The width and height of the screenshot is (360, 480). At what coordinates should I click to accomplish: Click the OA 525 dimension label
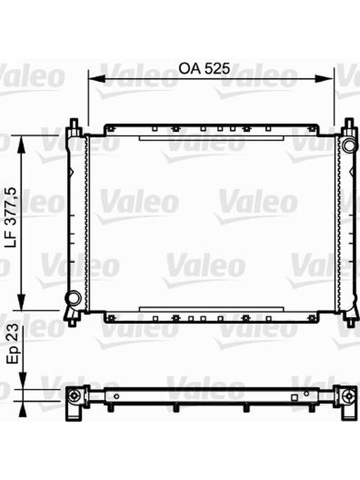pyautogui.click(x=204, y=68)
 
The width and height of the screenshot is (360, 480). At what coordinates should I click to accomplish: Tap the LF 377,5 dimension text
pyautogui.click(x=16, y=218)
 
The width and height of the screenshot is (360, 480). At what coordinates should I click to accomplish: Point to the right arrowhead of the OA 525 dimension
pyautogui.click(x=324, y=79)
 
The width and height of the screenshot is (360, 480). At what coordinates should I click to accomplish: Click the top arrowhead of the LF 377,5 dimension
pyautogui.click(x=22, y=144)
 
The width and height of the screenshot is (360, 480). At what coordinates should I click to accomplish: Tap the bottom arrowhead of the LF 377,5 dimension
pyautogui.click(x=22, y=302)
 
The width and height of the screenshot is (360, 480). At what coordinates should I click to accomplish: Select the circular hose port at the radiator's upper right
pyautogui.click(x=349, y=146)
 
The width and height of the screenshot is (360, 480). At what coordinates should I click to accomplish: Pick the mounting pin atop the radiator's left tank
pyautogui.click(x=73, y=125)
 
